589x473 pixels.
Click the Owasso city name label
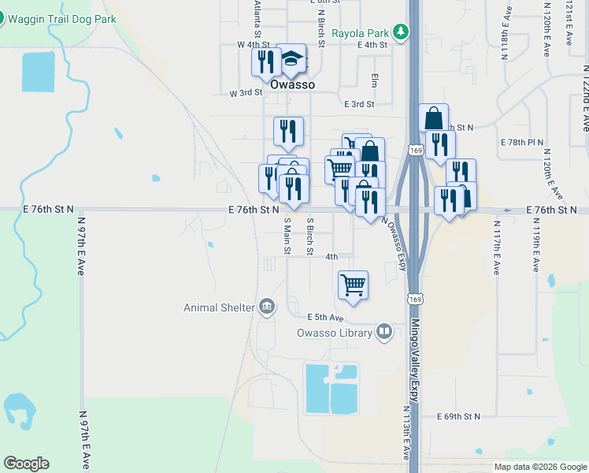[x=292, y=84]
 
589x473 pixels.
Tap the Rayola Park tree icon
[x=402, y=32]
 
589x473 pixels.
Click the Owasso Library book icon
[x=384, y=332]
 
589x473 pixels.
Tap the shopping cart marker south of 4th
[x=353, y=285]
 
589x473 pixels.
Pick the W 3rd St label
[x=245, y=93]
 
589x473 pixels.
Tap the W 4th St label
[x=254, y=45]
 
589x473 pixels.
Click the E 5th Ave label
[x=326, y=317]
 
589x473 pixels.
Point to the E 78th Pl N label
[x=522, y=142]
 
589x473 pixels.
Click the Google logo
[x=26, y=463]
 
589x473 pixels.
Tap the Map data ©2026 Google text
[x=539, y=467]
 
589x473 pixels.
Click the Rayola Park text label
[x=361, y=33]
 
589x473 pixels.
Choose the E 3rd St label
[x=358, y=103]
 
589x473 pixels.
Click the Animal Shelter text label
[x=219, y=307]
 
